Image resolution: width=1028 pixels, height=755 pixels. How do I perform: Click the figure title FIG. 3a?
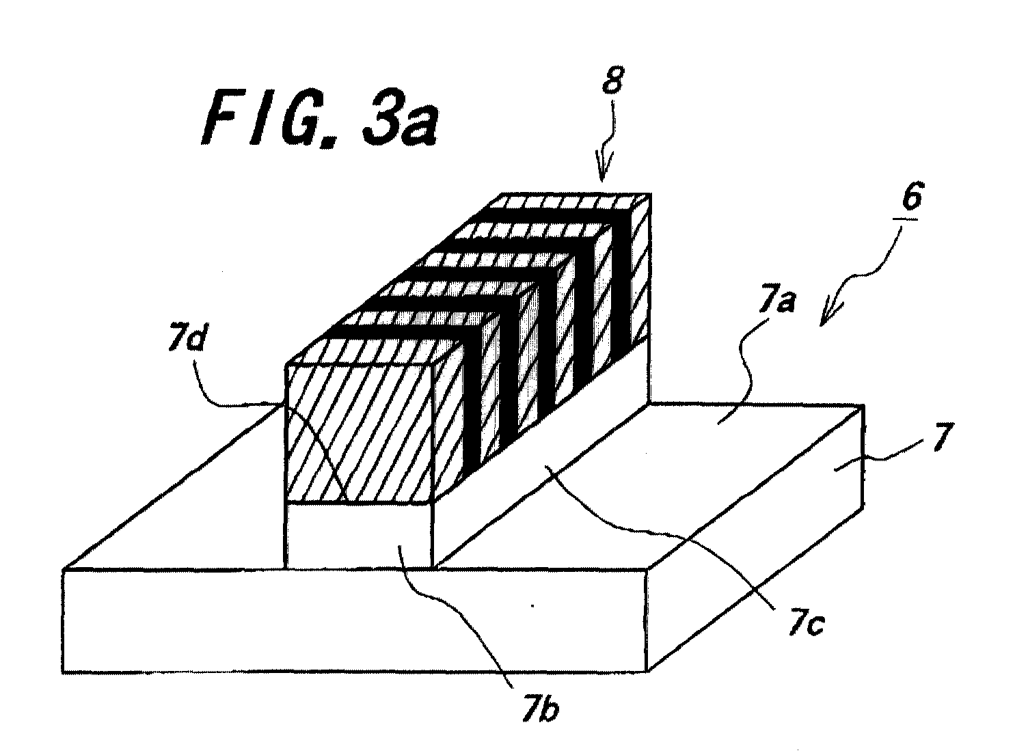[321, 118]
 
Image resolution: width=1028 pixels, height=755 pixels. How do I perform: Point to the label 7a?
[777, 303]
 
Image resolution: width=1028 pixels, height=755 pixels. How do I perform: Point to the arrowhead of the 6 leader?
[827, 316]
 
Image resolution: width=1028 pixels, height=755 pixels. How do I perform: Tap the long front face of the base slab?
[354, 620]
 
